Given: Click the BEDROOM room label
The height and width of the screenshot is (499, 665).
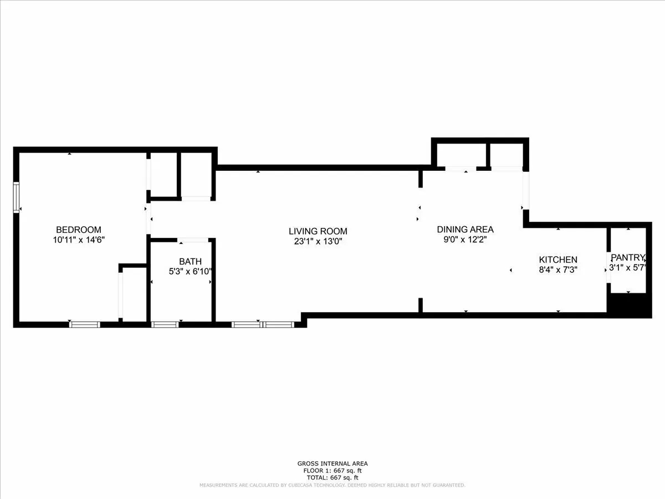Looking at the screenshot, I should [79, 230].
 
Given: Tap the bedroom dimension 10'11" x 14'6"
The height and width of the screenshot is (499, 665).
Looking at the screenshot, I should [79, 240].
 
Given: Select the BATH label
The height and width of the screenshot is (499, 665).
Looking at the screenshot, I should [190, 261].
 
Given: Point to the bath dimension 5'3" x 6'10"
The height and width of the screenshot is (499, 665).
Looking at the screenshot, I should [190, 271].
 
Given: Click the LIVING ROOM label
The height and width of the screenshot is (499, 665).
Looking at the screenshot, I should [318, 231].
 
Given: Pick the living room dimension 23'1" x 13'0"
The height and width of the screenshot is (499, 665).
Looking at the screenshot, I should [318, 241].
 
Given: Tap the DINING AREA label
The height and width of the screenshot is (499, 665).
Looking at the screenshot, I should [465, 229].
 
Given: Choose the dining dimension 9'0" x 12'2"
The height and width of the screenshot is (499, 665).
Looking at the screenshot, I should [465, 240].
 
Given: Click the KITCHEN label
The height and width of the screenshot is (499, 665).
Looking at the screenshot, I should [558, 259].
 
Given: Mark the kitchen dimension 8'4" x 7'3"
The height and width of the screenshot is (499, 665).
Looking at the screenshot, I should [558, 269].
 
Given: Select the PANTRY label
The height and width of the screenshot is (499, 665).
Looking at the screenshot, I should [628, 257].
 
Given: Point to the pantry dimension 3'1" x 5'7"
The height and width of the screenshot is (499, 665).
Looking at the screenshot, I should [628, 268].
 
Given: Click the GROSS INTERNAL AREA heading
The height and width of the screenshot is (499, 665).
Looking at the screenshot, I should [332, 464].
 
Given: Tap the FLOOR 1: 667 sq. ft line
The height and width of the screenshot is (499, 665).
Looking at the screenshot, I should [332, 471].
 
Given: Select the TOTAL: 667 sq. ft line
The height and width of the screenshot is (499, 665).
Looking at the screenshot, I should [332, 477].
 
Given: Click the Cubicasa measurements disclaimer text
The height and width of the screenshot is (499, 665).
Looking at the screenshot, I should [332, 485].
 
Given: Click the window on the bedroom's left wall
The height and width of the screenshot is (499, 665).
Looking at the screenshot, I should [17, 197].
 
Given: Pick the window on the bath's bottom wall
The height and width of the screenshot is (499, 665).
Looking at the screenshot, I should [165, 324].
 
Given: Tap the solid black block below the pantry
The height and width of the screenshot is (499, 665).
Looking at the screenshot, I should [629, 305].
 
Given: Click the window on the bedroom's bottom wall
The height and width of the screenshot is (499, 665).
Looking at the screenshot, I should [85, 324].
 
